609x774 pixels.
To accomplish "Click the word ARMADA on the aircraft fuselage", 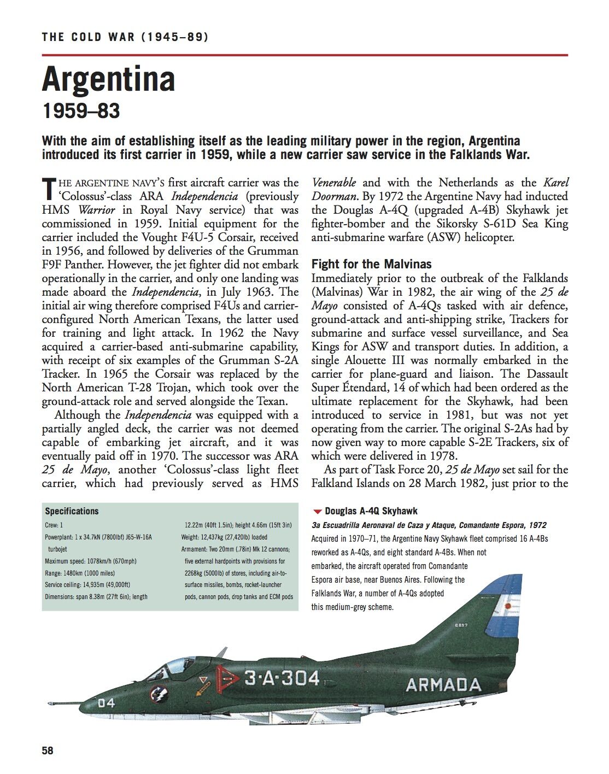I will coord(443,685).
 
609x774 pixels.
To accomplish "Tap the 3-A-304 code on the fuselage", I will coord(282,678).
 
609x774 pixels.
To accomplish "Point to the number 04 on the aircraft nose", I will coord(107,702).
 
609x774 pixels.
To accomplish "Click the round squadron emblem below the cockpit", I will coord(160,695).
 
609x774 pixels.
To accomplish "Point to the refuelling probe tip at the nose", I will coord(51,700).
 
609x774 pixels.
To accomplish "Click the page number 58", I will coord(48,750).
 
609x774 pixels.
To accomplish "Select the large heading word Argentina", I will coord(108,79).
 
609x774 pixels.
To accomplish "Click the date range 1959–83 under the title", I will coord(81,111).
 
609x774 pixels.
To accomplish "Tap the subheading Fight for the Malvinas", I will coord(371,264).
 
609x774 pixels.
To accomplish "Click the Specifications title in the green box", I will coord(72,511).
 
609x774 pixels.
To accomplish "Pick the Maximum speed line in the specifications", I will coord(91,561).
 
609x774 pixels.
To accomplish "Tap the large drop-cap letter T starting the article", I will coord(49,189).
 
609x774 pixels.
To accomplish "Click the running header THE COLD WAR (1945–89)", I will coord(125,37).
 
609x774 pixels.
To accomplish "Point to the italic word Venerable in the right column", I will coord(333,183).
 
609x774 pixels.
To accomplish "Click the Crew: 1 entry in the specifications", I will coord(54,525).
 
